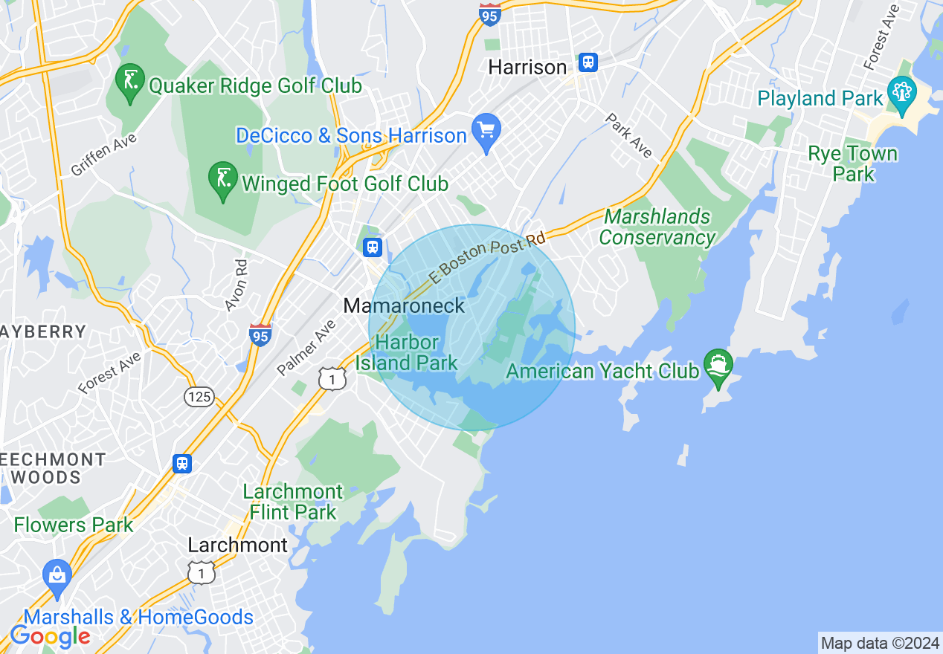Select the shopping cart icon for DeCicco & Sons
486,132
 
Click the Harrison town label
527,68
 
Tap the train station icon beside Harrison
588,62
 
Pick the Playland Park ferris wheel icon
902,94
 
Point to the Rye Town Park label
853,164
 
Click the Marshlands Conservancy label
657,227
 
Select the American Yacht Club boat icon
718,366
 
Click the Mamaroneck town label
404,305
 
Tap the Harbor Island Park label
407,353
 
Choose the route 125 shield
199,397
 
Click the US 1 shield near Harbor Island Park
332,379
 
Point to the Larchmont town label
237,545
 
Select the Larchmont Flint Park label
293,502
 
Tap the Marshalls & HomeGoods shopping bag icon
57,576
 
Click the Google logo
50,636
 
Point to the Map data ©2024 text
879,643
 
